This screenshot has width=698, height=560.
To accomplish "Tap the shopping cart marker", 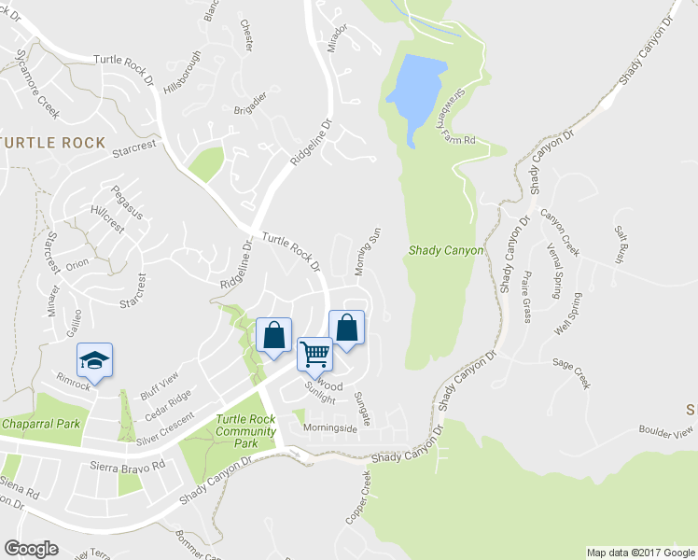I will tap(315, 354).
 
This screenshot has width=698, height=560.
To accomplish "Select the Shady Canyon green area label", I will tap(446, 251).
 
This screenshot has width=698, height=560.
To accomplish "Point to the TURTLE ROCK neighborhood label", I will tap(53, 143).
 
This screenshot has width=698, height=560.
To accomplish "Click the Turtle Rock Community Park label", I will tap(245, 431).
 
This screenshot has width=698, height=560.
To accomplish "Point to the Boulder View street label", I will tap(666, 431).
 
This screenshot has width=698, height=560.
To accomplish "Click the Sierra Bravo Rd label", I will tap(128, 464).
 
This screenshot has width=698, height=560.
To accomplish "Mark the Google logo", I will tap(32, 549).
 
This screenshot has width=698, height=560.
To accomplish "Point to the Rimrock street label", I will tap(73, 383).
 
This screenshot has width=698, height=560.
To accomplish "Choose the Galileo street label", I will tap(73, 323).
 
